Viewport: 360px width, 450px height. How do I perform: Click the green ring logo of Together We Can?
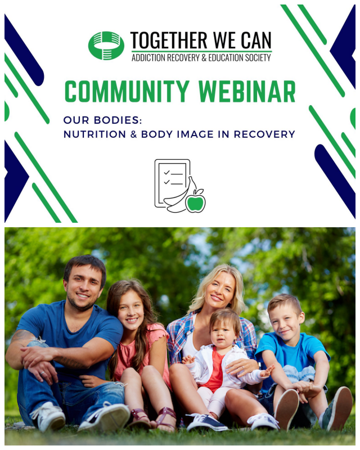106,46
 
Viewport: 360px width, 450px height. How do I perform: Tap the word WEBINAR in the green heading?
247,91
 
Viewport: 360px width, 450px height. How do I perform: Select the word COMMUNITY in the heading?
127,91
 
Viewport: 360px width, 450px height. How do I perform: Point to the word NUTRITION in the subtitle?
94,134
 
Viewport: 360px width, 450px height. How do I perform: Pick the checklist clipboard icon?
172,183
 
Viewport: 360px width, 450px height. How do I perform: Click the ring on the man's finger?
42,373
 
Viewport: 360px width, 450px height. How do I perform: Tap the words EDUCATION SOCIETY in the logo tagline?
240,58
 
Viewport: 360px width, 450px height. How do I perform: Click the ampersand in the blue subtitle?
133,134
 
